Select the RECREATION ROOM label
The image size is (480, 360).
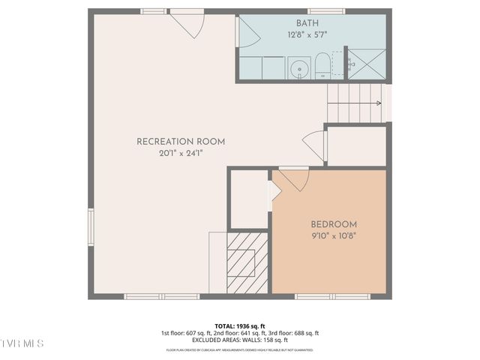[x=181, y=142]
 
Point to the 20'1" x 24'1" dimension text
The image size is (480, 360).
[x=181, y=153]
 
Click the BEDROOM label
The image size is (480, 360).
[x=334, y=224]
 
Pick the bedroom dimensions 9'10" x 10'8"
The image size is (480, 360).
[x=334, y=235]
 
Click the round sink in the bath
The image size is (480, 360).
[x=298, y=68]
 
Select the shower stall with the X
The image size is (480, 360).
[x=367, y=64]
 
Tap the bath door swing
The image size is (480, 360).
[x=248, y=34]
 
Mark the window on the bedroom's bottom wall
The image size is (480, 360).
[x=331, y=296]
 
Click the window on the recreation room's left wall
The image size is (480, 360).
[x=91, y=226]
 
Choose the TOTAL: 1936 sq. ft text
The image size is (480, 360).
[x=239, y=325]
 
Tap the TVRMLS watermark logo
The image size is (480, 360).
[x=22, y=343]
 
